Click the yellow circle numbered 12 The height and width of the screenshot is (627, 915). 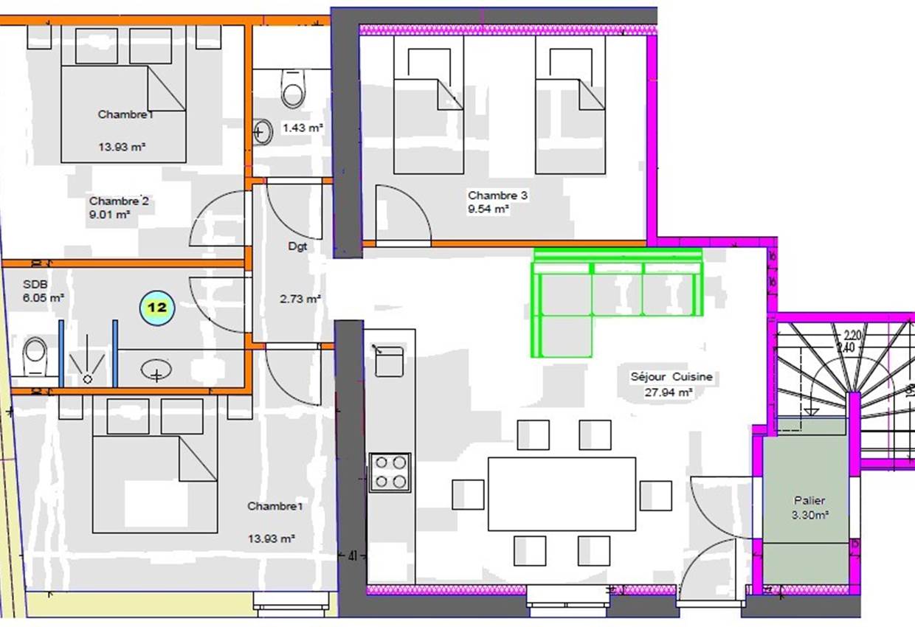[x=156, y=307]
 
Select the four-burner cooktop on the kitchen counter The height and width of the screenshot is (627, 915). [x=390, y=472]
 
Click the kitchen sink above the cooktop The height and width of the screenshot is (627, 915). [x=389, y=361]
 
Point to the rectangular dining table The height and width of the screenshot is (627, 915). [x=562, y=493]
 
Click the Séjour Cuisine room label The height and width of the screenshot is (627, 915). [x=671, y=376]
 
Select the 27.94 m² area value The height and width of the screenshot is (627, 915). [x=669, y=393]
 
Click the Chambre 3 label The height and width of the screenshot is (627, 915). [x=497, y=195]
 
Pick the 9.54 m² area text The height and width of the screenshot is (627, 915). [x=488, y=209]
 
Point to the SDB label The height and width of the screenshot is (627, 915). [x=35, y=284]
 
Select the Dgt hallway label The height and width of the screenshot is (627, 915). [x=297, y=247]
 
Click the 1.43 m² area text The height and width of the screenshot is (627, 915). [x=303, y=128]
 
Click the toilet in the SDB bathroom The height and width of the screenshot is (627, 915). [x=35, y=357]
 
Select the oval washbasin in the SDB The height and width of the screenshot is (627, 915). [x=156, y=370]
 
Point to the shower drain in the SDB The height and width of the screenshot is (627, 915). [x=88, y=378]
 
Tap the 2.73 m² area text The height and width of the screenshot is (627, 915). [x=300, y=299]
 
